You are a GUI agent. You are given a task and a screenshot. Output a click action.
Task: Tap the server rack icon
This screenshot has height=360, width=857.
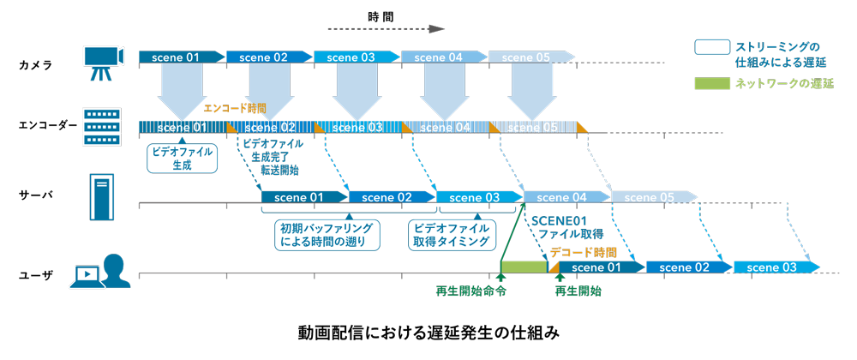[101, 127]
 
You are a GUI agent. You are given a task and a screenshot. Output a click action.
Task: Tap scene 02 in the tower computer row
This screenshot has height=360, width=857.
[391, 197]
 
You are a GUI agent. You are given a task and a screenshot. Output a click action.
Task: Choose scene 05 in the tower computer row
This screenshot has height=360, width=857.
[652, 197]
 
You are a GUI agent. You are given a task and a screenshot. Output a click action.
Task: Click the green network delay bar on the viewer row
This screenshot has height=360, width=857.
[524, 267]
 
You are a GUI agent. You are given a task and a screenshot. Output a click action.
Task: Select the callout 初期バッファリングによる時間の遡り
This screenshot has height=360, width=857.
[328, 235]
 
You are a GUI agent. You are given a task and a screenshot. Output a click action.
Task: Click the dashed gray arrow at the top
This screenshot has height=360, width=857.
[386, 28]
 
